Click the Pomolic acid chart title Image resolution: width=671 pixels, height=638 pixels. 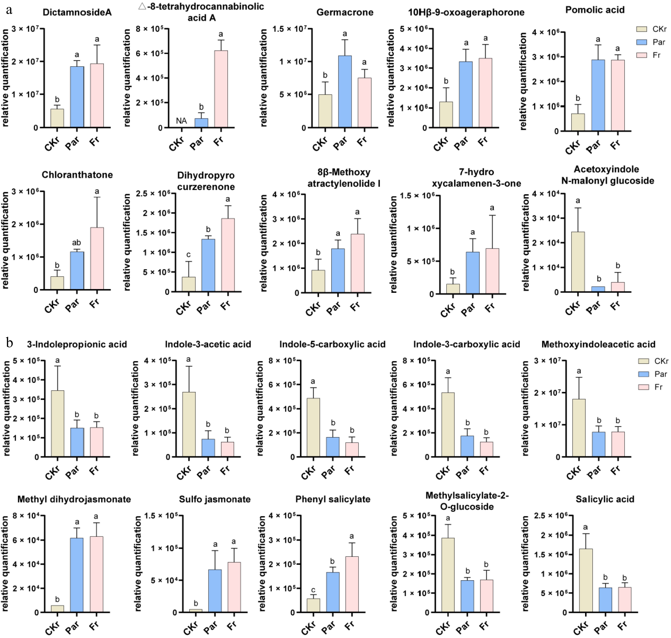594,10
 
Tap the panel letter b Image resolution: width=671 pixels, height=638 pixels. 10,343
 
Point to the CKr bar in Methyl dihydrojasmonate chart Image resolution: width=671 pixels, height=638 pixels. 57,609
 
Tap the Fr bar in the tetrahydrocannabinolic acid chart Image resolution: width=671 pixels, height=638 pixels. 221,89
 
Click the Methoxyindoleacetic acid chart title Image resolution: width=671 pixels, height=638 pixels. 598,344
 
